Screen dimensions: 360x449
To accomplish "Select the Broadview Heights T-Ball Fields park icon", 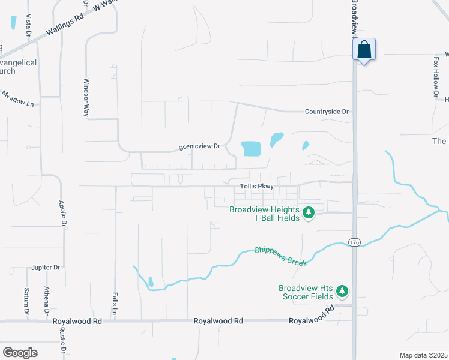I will click(309, 213).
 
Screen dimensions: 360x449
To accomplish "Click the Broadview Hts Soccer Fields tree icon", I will click(342, 292).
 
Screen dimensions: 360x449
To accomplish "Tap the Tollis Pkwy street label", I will click(256, 187).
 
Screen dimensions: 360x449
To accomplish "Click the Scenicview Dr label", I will click(200, 146).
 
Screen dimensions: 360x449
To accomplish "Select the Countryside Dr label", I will click(327, 112).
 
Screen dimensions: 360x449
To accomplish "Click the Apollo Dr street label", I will click(62, 213).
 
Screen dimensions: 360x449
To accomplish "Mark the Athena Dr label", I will click(46, 301).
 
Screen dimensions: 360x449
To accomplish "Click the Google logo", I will click(20, 353).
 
